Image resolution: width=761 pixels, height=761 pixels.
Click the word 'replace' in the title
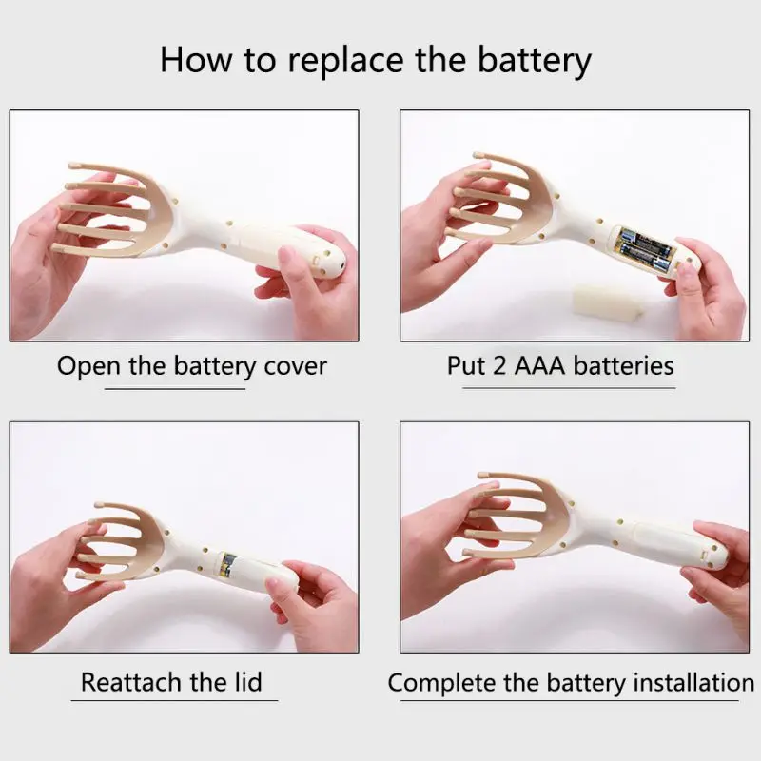click(345, 60)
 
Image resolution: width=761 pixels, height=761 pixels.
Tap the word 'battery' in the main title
click(534, 60)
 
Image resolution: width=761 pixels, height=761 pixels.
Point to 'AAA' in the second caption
click(539, 365)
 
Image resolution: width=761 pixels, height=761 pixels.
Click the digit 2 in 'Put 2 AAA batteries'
click(500, 365)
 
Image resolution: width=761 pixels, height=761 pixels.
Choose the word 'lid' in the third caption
click(248, 681)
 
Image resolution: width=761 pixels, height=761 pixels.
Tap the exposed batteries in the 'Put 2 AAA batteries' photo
click(643, 247)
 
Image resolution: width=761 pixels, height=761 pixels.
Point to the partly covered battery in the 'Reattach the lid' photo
click(226, 565)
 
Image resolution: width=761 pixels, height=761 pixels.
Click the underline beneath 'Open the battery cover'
click(175, 389)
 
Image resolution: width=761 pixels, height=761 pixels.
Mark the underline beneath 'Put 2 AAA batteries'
click(569, 388)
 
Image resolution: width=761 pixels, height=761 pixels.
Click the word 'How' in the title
click(197, 60)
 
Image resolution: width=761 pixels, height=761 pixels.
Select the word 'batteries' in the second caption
click(624, 365)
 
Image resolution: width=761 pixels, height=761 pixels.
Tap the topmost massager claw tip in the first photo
click(74, 166)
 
